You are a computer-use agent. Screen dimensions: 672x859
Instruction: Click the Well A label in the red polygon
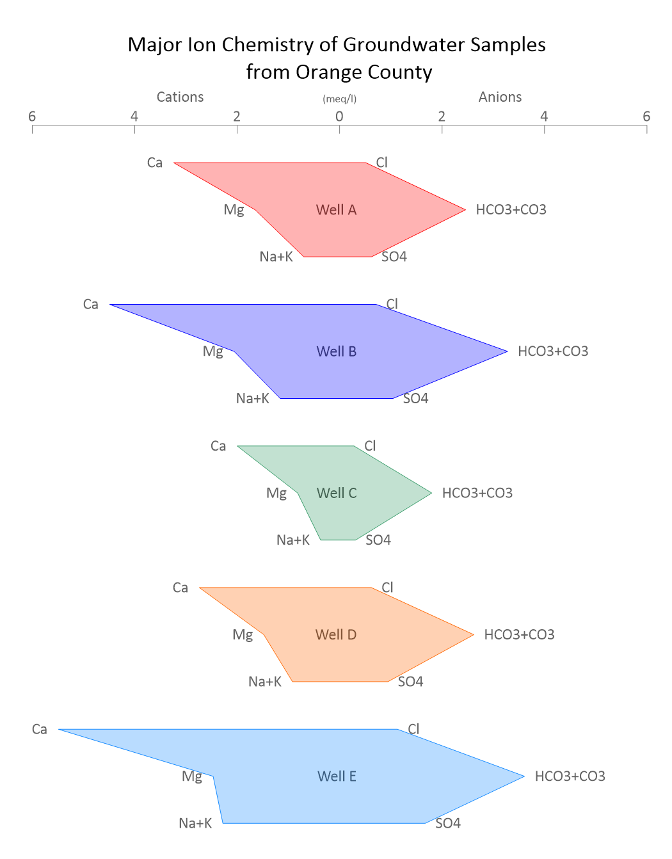click(336, 209)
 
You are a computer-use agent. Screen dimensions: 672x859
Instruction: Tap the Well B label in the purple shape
click(336, 351)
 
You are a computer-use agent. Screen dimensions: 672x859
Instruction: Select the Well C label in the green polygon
click(336, 493)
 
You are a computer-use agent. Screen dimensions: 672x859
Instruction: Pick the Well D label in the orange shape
click(336, 634)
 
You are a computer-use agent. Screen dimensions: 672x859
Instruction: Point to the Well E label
click(337, 776)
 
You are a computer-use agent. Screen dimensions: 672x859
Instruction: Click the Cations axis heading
click(180, 97)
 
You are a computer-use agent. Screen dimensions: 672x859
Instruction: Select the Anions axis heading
click(500, 97)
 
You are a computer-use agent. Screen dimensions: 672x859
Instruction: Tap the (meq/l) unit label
click(339, 99)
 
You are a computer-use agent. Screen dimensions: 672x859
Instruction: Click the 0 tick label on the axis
click(339, 116)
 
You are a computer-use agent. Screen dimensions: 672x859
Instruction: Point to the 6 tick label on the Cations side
click(32, 116)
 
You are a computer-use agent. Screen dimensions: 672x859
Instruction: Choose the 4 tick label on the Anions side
click(544, 116)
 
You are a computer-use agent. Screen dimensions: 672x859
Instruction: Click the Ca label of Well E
click(40, 729)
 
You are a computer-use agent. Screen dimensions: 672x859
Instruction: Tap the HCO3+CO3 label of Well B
click(553, 351)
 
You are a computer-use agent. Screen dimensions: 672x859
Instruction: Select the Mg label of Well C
click(276, 494)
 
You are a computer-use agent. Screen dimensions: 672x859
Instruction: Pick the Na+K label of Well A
click(276, 257)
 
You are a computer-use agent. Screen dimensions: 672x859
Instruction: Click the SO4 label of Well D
click(410, 682)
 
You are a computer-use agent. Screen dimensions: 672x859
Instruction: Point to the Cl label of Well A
click(381, 163)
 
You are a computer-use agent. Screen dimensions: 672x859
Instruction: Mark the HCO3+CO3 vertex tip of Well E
click(524, 776)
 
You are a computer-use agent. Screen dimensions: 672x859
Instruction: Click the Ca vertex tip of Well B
click(109, 305)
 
